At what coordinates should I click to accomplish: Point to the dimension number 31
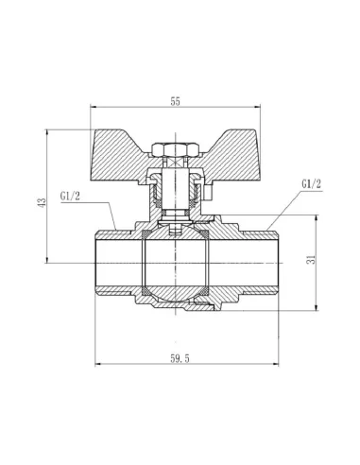click(324, 262)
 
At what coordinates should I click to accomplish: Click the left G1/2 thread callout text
click(73, 197)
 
